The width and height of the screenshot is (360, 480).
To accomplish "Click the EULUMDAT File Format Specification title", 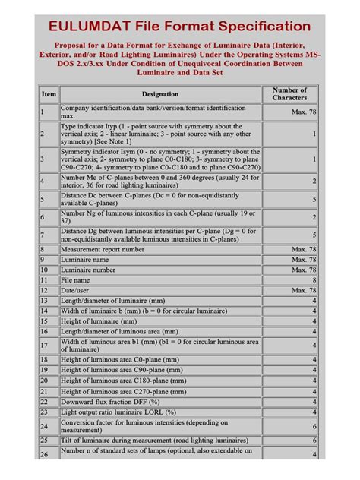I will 179,27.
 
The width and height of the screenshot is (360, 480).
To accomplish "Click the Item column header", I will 49,94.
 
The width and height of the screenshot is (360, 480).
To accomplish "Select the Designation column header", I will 159,94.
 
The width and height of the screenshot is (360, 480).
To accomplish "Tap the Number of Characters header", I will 289,94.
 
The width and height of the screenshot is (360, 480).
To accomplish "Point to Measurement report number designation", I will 103,249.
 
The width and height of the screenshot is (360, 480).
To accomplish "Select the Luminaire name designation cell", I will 85,260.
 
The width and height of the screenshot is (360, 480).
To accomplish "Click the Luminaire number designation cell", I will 90,270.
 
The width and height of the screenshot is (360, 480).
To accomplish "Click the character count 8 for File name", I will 314,280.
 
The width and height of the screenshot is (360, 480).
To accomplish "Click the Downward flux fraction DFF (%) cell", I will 110,401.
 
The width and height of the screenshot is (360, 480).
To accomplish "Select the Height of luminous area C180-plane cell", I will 122,380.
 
